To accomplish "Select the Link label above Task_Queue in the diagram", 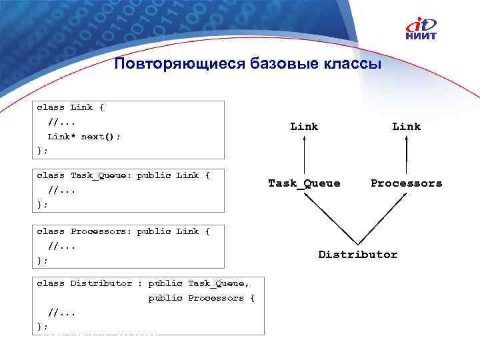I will coord(304,126).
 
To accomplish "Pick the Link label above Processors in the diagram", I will coord(406,126).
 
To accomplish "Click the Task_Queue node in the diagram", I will coord(304,183).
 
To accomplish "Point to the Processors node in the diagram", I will coord(406,183).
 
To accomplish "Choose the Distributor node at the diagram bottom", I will coord(357,255).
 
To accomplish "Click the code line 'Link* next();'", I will coord(84,136).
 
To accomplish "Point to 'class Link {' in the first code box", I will coord(70,107).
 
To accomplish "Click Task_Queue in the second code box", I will coord(101,175).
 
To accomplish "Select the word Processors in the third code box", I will coord(101,231).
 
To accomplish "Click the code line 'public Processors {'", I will coord(201,298).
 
